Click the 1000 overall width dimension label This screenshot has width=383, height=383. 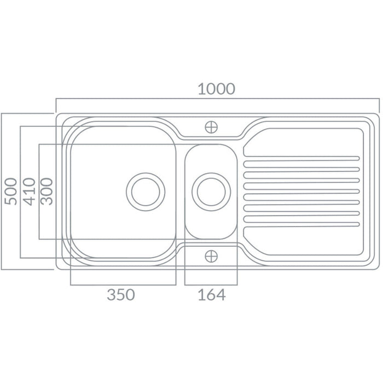(x=217, y=89)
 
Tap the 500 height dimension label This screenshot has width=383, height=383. (x=11, y=191)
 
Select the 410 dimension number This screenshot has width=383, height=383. (x=29, y=191)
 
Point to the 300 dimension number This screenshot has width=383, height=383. (x=47, y=191)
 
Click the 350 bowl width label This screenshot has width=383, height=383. (x=121, y=294)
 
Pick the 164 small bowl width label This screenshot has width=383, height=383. (x=212, y=294)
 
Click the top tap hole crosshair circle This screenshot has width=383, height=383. (x=211, y=127)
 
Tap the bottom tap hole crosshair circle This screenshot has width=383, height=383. (x=211, y=256)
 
